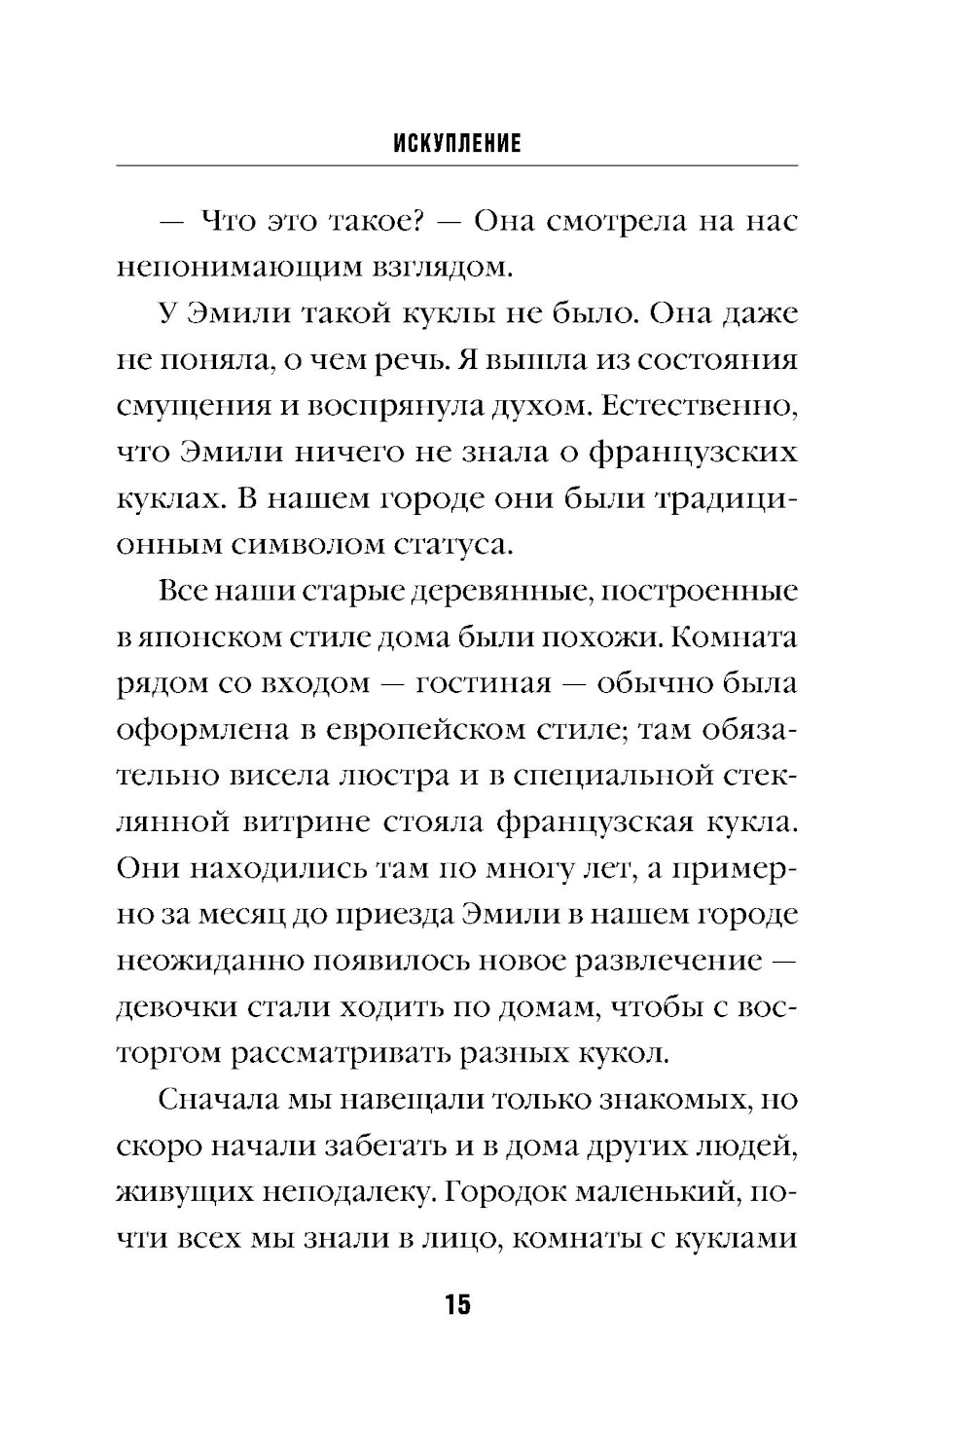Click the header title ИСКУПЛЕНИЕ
click(x=457, y=145)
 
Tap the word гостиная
click(x=484, y=684)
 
